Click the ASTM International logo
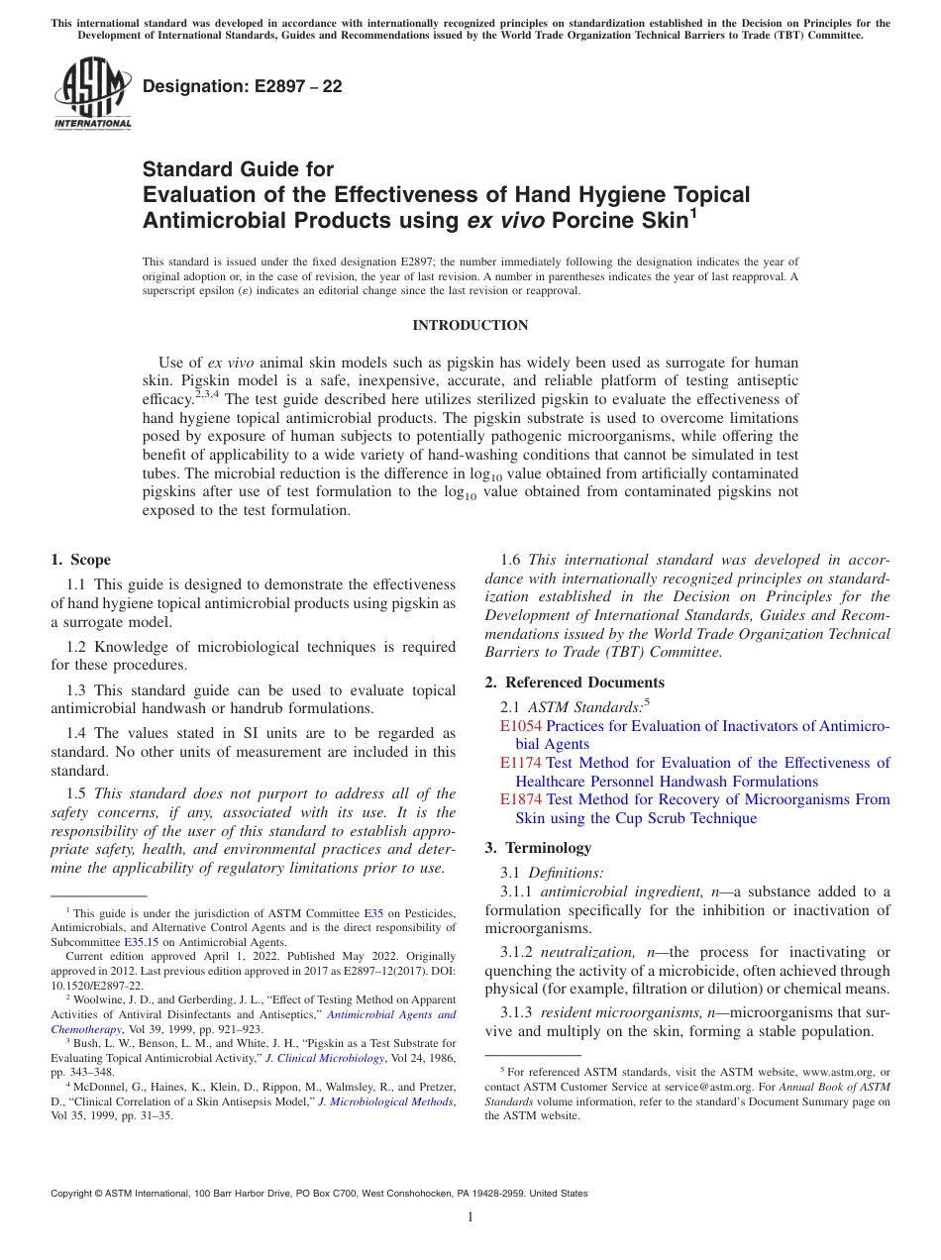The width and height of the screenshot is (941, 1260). pyautogui.click(x=92, y=93)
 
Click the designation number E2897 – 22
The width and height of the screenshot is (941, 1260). pyautogui.click(x=242, y=86)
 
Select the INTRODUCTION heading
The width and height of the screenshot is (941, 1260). pyautogui.click(x=470, y=325)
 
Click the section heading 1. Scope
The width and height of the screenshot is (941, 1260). pyautogui.click(x=80, y=560)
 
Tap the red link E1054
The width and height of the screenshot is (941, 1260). pyautogui.click(x=520, y=726)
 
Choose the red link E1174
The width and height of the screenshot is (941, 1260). pyautogui.click(x=520, y=763)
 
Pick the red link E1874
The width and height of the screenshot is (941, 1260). pyautogui.click(x=520, y=799)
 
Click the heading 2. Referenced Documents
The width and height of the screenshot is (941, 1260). pyautogui.click(x=575, y=682)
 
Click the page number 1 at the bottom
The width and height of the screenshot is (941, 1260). pyautogui.click(x=470, y=1217)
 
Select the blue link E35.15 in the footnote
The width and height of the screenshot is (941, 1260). pyautogui.click(x=143, y=942)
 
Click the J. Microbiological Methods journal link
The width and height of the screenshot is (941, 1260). pyautogui.click(x=385, y=1102)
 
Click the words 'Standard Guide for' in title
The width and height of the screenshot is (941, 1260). pyautogui.click(x=238, y=169)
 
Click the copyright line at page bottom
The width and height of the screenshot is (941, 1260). pyautogui.click(x=318, y=1194)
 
